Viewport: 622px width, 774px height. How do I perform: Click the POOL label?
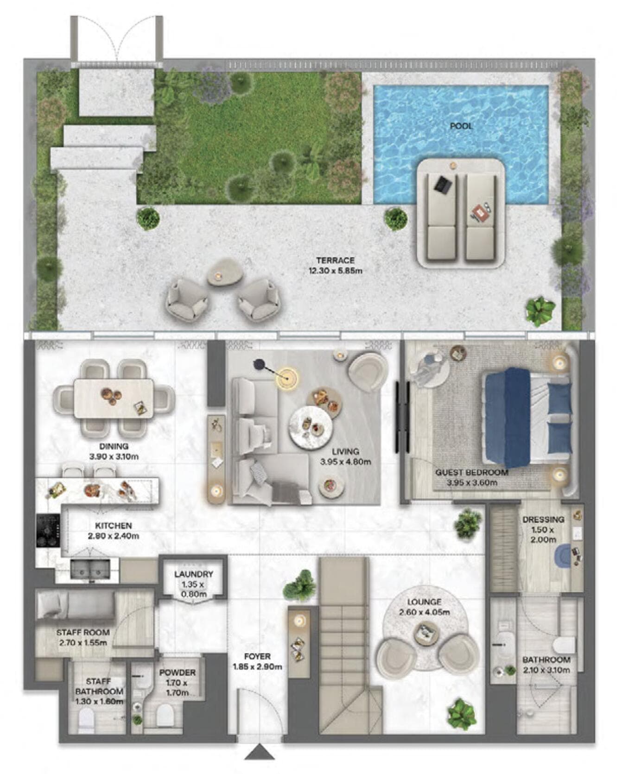click(x=461, y=126)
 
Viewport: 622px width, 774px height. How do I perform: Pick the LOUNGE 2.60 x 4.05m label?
click(x=424, y=607)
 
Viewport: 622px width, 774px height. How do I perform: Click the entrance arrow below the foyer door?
click(x=260, y=752)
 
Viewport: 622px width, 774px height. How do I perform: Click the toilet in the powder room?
click(x=165, y=717)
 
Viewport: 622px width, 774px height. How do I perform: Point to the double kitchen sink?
click(x=90, y=570)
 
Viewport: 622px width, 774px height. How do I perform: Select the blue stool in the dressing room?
click(x=564, y=555)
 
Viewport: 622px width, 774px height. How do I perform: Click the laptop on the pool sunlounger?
click(x=442, y=185)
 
